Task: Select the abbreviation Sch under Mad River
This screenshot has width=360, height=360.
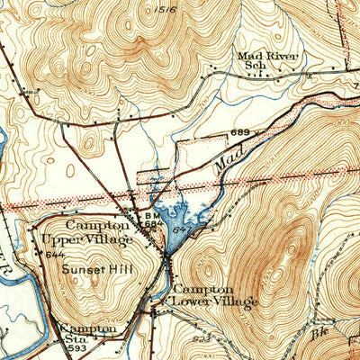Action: coord(247,67)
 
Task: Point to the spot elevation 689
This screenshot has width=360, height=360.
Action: coord(238,133)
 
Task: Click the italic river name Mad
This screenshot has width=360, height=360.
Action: coord(227,163)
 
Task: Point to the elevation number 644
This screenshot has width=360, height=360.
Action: coord(54,255)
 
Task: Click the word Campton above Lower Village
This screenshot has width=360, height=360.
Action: coord(203,289)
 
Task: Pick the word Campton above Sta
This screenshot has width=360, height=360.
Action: coord(88,329)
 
